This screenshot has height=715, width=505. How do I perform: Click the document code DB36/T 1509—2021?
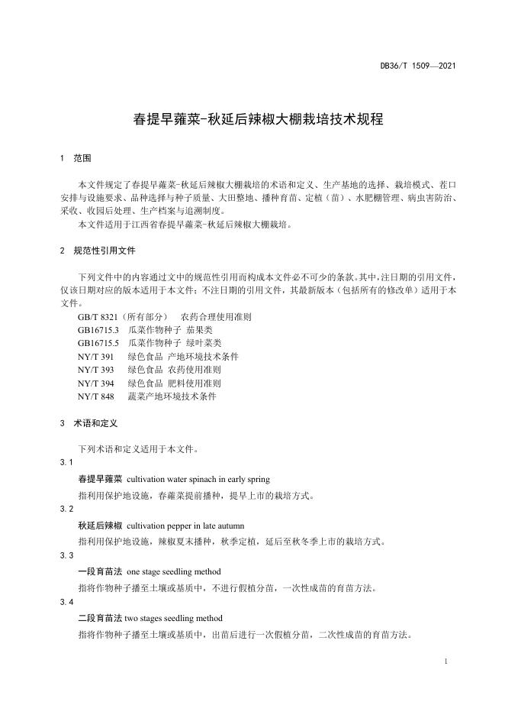418,66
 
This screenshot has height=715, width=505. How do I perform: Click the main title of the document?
252,119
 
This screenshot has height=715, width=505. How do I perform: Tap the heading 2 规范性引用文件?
97,251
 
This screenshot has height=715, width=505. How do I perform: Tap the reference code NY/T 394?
95,383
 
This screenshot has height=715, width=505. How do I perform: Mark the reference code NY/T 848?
95,396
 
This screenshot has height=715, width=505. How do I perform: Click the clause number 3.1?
66,463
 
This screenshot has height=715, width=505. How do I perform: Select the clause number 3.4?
66,602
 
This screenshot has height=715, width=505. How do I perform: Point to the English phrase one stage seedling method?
173,571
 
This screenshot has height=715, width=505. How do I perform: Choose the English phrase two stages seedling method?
174,618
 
